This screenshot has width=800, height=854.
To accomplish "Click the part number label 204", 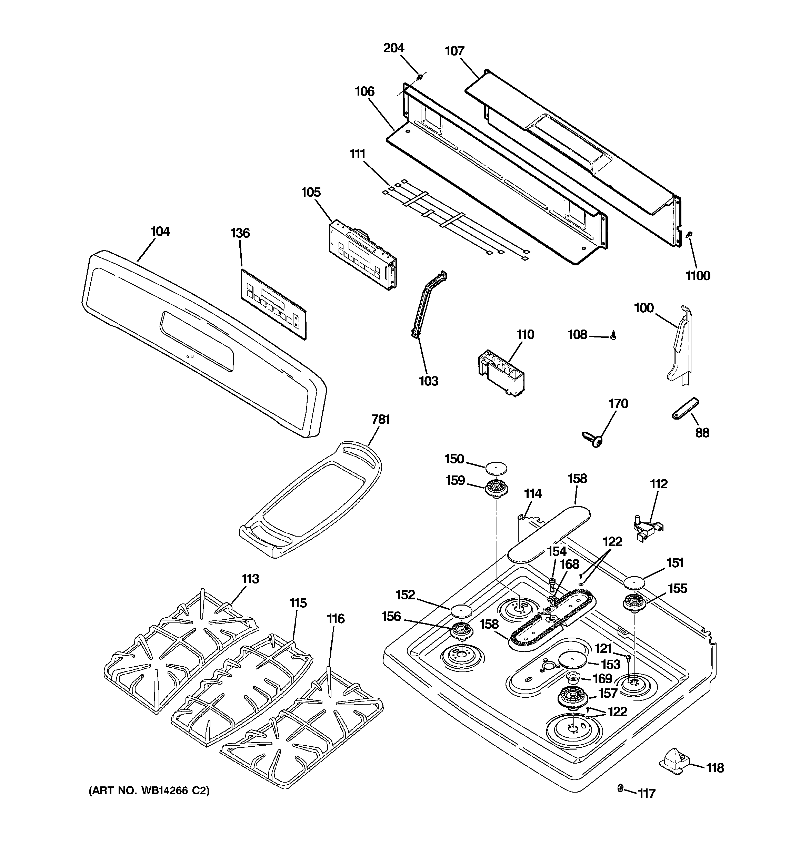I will pyautogui.click(x=394, y=48).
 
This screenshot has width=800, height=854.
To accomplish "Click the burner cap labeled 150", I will pyautogui.click(x=496, y=468).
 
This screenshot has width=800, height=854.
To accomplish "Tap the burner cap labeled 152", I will pyautogui.click(x=461, y=610).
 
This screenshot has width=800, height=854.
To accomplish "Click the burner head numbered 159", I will pyautogui.click(x=497, y=489).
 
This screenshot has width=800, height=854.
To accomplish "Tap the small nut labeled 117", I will pyautogui.click(x=620, y=787).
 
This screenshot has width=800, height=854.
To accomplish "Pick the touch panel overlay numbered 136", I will pyautogui.click(x=273, y=303).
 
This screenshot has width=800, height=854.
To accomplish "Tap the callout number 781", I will pyautogui.click(x=380, y=419).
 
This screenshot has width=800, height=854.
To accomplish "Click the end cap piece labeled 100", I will pyautogui.click(x=679, y=344).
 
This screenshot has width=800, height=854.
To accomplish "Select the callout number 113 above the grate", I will pyautogui.click(x=250, y=579).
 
